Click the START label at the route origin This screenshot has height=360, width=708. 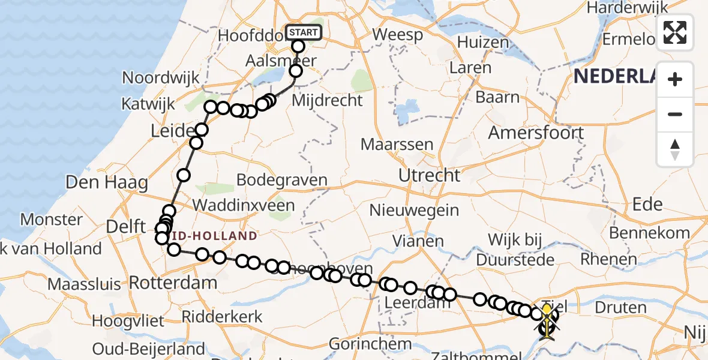pyautogui.click(x=304, y=32)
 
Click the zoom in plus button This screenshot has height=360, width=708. pyautogui.click(x=675, y=79)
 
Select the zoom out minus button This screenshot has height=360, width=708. pyautogui.click(x=675, y=114)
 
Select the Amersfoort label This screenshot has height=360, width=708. pyautogui.click(x=536, y=133)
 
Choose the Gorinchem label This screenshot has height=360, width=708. pyautogui.click(x=370, y=344)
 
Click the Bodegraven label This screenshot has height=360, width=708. pyautogui.click(x=282, y=180)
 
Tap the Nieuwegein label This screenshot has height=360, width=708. pyautogui.click(x=414, y=211)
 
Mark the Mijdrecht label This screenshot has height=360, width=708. pyautogui.click(x=327, y=100)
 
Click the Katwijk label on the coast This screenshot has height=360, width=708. pyautogui.click(x=148, y=103)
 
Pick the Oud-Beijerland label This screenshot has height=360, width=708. pyautogui.click(x=149, y=349)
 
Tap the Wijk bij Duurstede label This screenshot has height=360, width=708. pyautogui.click(x=515, y=250)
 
